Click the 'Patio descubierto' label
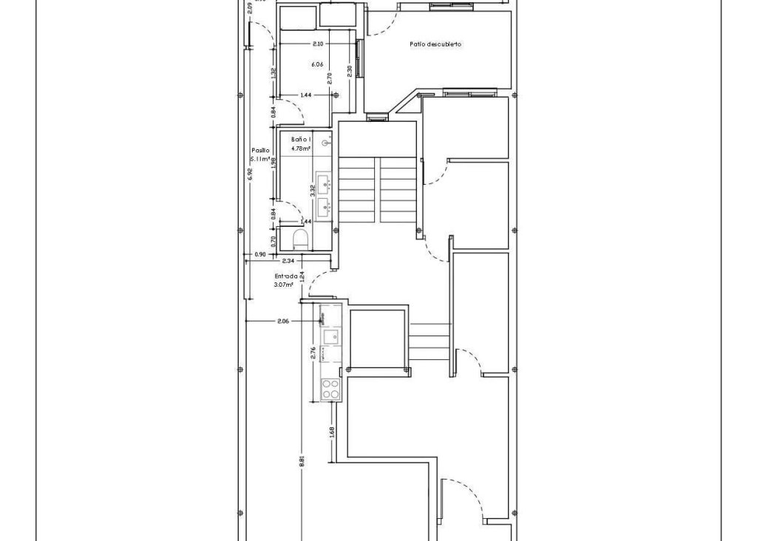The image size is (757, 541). (435, 44)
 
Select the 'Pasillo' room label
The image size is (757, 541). (260, 149)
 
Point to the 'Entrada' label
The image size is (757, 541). (285, 275)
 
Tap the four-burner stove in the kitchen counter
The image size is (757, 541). (330, 389)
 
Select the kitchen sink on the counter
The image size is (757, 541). (330, 338)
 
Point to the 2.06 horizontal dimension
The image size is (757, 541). (282, 321)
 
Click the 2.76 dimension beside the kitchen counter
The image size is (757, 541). (313, 353)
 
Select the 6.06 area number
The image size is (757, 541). (317, 64)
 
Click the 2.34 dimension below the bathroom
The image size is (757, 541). (288, 261)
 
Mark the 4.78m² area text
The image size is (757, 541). (301, 148)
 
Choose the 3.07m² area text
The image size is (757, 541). (284, 284)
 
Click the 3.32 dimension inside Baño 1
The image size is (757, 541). (313, 189)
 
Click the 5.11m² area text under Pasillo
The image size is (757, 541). (260, 159)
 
